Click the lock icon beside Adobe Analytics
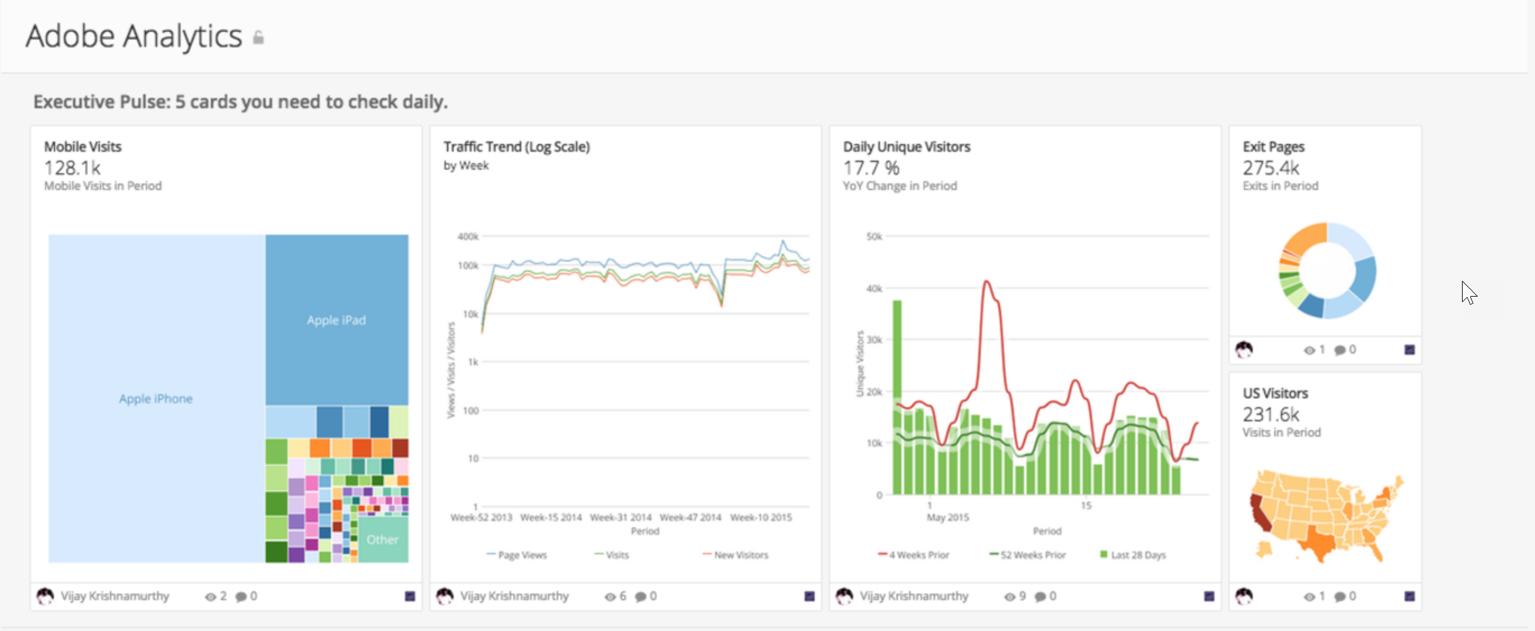coord(258,38)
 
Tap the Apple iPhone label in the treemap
coord(155,399)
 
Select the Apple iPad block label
coord(336,320)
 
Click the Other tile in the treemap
coord(382,540)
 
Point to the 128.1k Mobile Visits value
coord(72,168)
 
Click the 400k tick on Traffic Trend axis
coord(468,237)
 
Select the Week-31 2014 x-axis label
coord(621,518)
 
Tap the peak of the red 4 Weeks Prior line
coord(987,281)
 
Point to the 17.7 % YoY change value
coord(871,168)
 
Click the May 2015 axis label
coord(947,518)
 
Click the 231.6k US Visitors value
coord(1270,414)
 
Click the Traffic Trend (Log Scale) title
coord(516,147)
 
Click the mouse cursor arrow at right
coord(1468,293)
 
